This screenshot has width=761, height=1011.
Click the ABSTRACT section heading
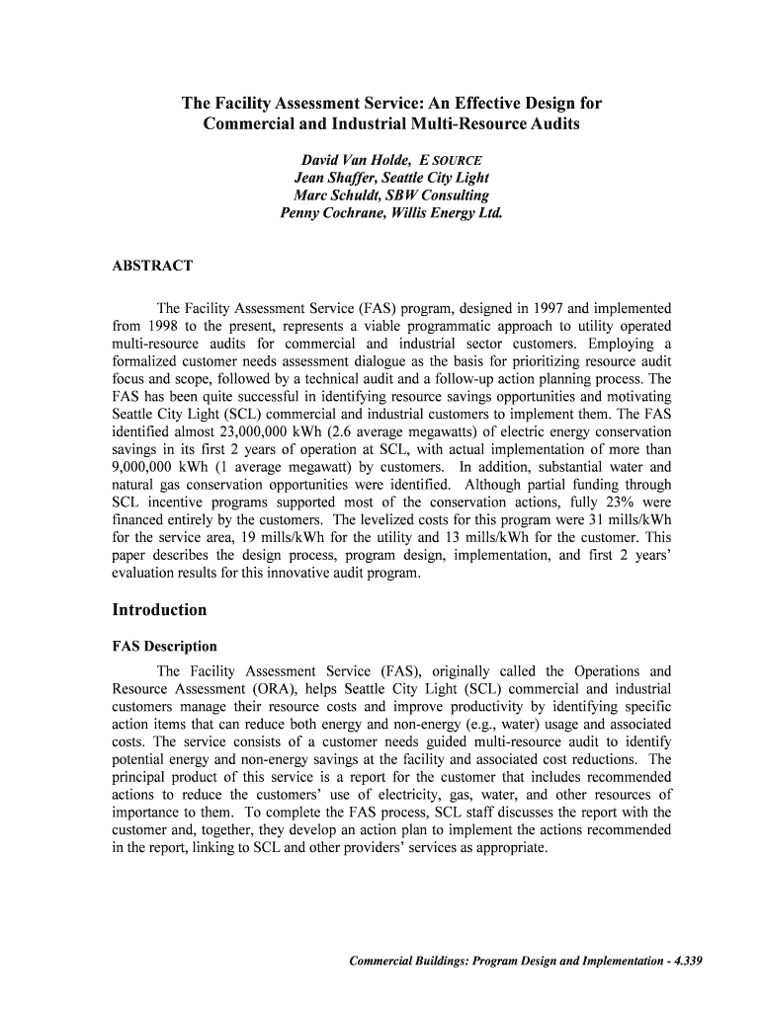(x=152, y=266)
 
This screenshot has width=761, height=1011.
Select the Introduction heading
(x=159, y=609)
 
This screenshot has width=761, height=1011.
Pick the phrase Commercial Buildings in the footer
(x=406, y=962)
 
